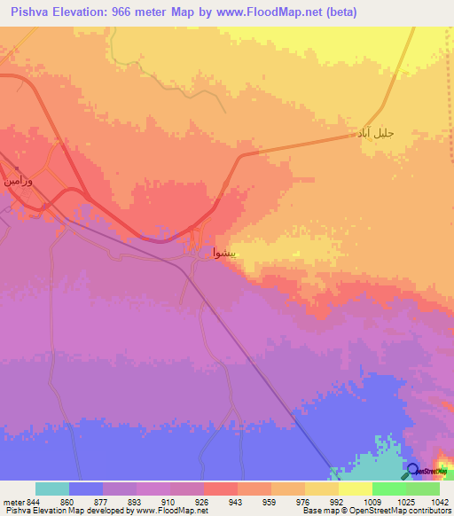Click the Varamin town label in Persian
click(x=19, y=181)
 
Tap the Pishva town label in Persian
click(x=224, y=252)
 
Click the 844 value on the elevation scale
click(x=31, y=501)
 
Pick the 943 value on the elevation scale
click(x=236, y=501)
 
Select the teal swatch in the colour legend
click(x=52, y=489)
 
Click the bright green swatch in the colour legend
click(x=389, y=489)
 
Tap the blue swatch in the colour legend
click(x=86, y=489)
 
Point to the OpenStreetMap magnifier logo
click(x=411, y=469)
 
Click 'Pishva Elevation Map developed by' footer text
click(x=64, y=511)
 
